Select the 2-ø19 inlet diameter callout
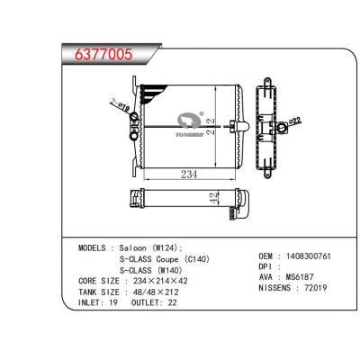(120, 106)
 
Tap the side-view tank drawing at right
(272, 121)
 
